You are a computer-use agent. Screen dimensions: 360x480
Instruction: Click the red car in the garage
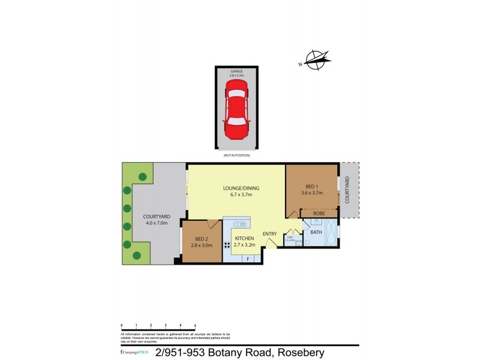pyautogui.click(x=238, y=110)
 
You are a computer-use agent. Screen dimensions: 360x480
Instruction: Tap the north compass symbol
pyautogui.click(x=316, y=58)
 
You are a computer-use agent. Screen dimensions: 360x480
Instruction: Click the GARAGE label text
pyautogui.click(x=238, y=71)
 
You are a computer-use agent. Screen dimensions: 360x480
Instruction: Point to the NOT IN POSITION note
pyautogui.click(x=236, y=155)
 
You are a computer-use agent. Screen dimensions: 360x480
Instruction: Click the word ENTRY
pyautogui.click(x=270, y=234)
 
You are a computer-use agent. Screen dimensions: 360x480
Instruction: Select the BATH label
pyautogui.click(x=316, y=232)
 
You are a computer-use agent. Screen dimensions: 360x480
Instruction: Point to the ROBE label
pyautogui.click(x=319, y=213)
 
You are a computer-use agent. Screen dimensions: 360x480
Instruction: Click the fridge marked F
pyautogui.click(x=248, y=259)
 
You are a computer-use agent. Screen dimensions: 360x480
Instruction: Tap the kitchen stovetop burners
pyautogui.click(x=227, y=245)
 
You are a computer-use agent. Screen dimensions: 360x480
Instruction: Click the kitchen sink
pyautogui.click(x=241, y=224)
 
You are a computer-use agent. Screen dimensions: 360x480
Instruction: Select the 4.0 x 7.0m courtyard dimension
pyautogui.click(x=157, y=223)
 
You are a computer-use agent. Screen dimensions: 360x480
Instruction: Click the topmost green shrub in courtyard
pyautogui.click(x=143, y=176)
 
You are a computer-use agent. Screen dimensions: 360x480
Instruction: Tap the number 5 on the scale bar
pyautogui.click(x=195, y=325)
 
